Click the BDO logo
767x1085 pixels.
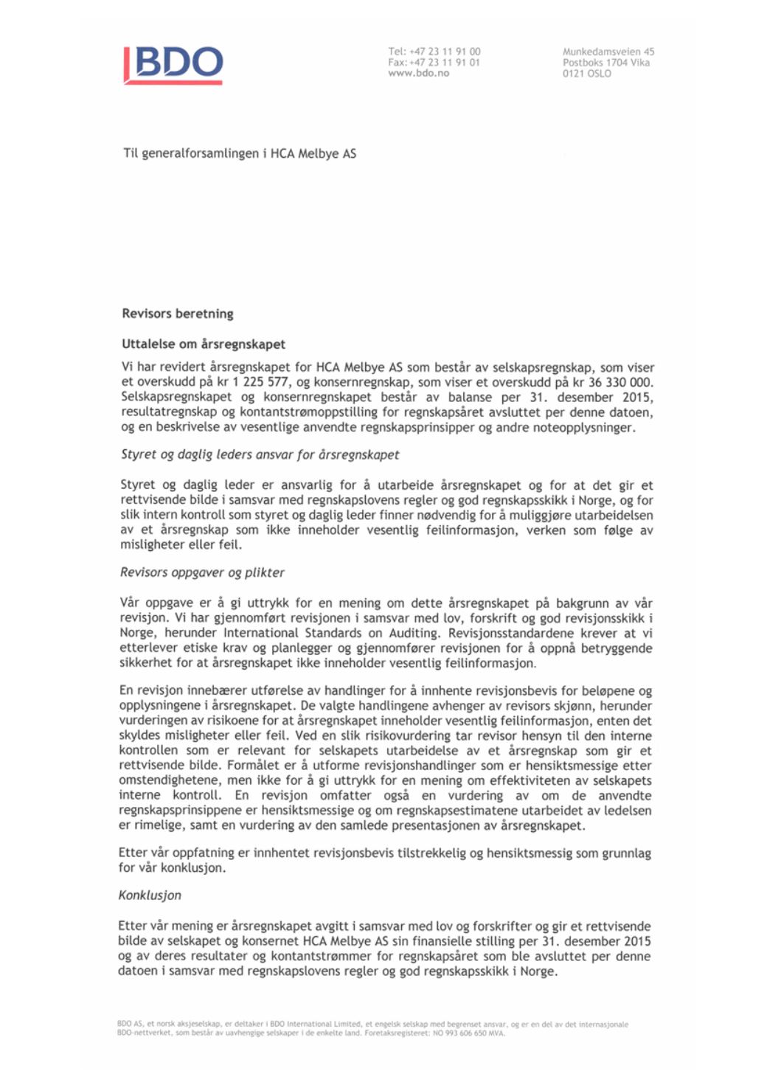tap(174, 65)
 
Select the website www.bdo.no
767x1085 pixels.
tap(418, 73)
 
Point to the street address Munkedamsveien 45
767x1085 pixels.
tap(608, 52)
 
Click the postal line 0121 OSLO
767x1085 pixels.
tap(586, 74)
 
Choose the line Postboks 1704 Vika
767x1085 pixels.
tap(605, 63)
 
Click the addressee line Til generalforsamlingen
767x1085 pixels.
tap(239, 153)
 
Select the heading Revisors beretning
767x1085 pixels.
tap(178, 313)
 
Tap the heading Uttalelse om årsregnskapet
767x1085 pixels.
tap(204, 344)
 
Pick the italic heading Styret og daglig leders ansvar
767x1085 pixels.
tap(260, 454)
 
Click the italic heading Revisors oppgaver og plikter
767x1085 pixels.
tap(202, 572)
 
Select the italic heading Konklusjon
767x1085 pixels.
tap(150, 895)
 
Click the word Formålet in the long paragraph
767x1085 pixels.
tap(255, 766)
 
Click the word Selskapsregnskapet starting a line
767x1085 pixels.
tap(176, 397)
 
